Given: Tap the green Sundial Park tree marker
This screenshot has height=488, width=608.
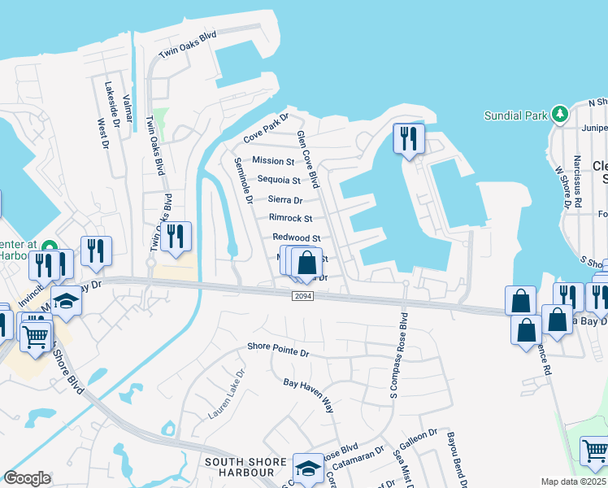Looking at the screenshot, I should tap(559, 115).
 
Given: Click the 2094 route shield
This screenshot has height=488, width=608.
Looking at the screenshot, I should tap(302, 297).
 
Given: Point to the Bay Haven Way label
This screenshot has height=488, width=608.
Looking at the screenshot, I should tap(308, 394).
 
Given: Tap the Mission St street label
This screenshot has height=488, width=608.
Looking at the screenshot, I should tap(273, 161).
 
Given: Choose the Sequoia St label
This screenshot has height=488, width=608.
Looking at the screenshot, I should tap(279, 180).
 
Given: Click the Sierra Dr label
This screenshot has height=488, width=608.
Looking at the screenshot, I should tap(285, 199).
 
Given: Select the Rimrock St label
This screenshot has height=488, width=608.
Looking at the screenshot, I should tap(290, 218).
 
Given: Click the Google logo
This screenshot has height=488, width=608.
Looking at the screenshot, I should tap(28, 477).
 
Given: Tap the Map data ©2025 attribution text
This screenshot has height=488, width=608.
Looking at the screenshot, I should tap(574, 481).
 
